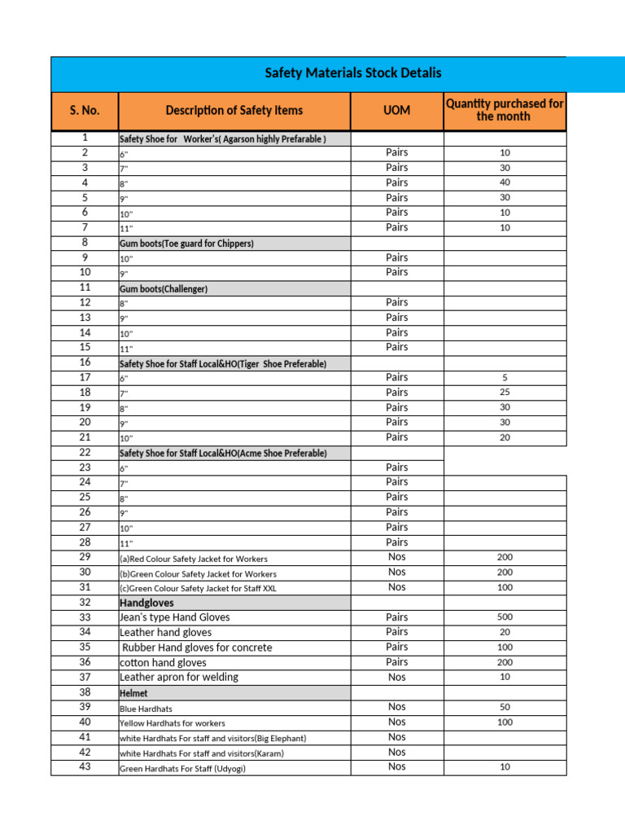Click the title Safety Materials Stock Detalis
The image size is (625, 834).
click(353, 73)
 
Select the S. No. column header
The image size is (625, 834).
click(85, 111)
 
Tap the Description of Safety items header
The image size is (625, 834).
click(234, 111)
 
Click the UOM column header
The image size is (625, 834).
click(396, 111)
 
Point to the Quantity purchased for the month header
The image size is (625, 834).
click(504, 110)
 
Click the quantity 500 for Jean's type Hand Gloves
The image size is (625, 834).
click(505, 617)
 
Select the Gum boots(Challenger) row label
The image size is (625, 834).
click(164, 288)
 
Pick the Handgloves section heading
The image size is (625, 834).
click(147, 603)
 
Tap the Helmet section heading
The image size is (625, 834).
click(133, 693)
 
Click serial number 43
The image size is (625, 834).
click(85, 767)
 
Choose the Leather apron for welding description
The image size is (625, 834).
click(179, 678)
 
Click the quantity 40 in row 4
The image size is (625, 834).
click(505, 182)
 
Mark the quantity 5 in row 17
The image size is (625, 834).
click(505, 378)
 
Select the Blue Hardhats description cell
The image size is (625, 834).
click(146, 709)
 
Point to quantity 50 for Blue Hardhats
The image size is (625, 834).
click(505, 708)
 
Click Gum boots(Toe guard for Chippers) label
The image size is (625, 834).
click(186, 244)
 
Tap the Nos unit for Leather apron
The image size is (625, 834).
click(396, 678)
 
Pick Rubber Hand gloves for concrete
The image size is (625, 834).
click(196, 647)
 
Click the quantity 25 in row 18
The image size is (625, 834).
click(505, 393)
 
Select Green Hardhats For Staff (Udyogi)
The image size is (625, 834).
click(182, 769)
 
